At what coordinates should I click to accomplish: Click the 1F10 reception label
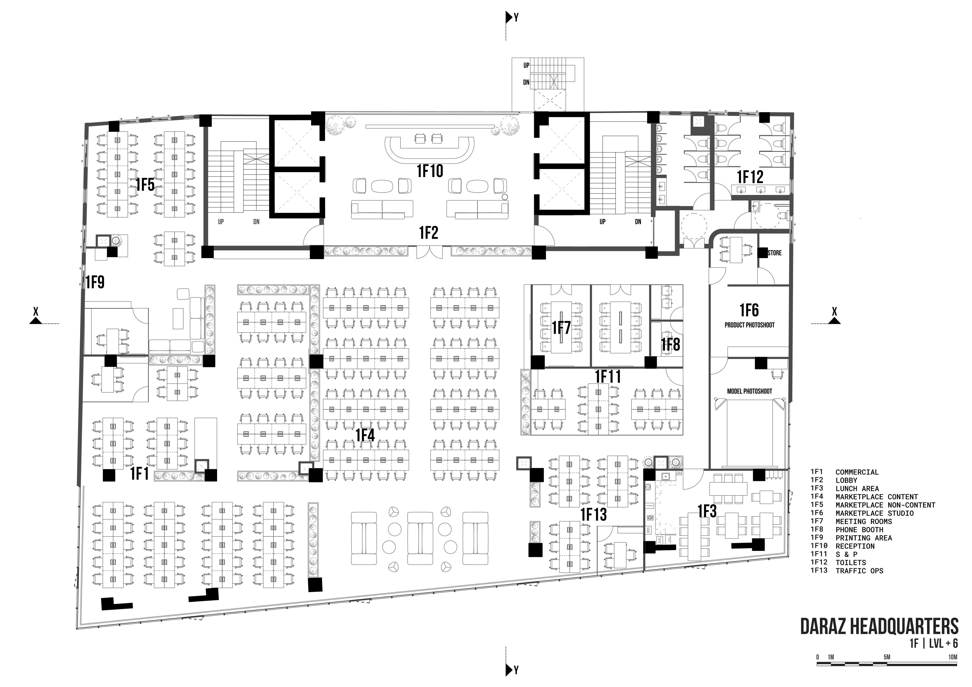[x=430, y=171]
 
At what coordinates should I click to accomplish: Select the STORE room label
[x=774, y=253]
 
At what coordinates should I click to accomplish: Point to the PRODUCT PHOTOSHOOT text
[x=749, y=325]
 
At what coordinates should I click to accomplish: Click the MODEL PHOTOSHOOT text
[x=749, y=391]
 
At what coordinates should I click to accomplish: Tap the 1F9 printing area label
[x=95, y=282]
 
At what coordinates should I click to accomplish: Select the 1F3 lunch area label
[x=707, y=512]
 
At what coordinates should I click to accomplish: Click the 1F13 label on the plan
[x=593, y=515]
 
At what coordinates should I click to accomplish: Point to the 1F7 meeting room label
[x=561, y=328]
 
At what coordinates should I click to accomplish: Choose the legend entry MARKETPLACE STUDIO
[x=874, y=513]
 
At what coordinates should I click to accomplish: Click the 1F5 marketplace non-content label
[x=145, y=185]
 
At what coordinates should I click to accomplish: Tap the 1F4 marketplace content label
[x=365, y=435]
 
